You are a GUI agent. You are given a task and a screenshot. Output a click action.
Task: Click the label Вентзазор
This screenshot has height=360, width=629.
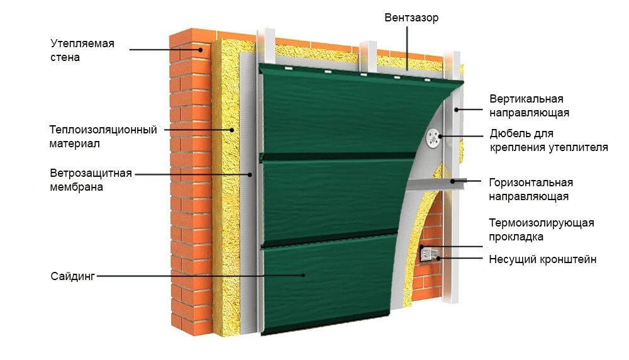(x=411, y=18)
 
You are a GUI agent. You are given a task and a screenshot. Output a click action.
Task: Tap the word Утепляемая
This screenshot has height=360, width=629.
(x=82, y=43)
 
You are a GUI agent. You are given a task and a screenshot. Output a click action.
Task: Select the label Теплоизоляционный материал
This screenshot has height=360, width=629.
(x=103, y=137)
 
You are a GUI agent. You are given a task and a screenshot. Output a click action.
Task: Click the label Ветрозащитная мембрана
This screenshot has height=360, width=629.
(x=91, y=180)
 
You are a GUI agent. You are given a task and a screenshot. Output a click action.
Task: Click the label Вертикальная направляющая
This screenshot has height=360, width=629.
(x=529, y=106)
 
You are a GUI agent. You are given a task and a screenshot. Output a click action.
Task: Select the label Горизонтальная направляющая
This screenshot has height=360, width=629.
(x=530, y=189)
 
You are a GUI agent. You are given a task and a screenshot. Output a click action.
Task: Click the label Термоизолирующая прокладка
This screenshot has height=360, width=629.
(x=541, y=230)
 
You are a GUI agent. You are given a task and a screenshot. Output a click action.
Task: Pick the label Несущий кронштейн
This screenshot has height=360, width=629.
(x=542, y=259)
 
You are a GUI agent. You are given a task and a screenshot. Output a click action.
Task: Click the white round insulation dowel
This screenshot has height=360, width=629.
(x=433, y=137)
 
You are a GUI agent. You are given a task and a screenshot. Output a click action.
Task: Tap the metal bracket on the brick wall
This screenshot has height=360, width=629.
(x=428, y=254)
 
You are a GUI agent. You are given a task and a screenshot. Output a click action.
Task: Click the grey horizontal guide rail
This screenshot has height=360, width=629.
(x=434, y=184)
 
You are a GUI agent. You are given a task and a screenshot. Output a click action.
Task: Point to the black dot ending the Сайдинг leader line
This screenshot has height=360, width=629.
(x=304, y=276)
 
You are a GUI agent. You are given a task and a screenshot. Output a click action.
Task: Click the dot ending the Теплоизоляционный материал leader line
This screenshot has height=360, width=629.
(x=233, y=130)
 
